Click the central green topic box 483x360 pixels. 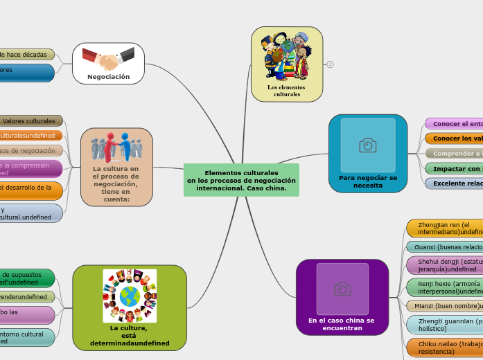point(241,181)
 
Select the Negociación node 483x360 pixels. point(108,77)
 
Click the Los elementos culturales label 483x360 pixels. point(287,91)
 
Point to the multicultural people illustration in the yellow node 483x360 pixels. point(286,56)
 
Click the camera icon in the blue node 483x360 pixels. point(368,145)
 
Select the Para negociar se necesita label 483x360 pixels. point(368,181)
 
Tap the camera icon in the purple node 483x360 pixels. point(342,289)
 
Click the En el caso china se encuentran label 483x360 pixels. point(342,324)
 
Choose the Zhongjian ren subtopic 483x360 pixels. point(447,228)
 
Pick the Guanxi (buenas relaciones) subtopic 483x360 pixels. point(447,246)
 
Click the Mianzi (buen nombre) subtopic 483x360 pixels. point(447,305)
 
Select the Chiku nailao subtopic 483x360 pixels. point(447,347)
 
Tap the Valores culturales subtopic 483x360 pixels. point(32,121)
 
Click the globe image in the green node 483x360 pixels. point(130,296)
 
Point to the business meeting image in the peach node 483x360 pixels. point(117,146)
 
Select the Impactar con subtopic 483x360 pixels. point(455,168)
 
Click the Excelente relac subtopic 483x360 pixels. point(455,183)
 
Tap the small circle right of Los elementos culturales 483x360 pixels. point(331,64)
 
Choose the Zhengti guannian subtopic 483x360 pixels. point(447,325)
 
